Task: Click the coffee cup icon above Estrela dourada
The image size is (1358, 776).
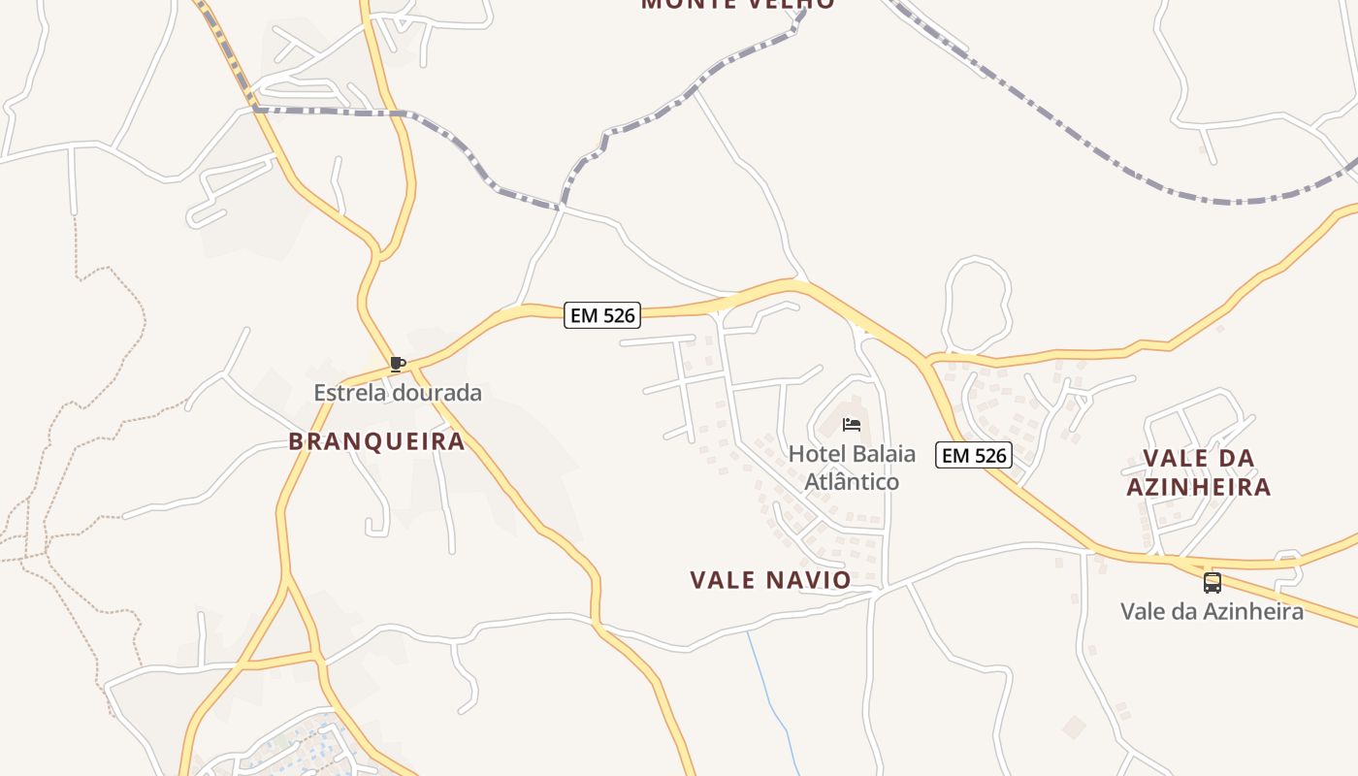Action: (x=396, y=364)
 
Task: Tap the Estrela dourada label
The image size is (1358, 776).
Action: (x=397, y=393)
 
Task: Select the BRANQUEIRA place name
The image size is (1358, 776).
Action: (x=376, y=441)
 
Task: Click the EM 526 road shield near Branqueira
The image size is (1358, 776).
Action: (x=601, y=315)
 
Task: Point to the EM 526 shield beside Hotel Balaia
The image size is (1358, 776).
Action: (x=973, y=455)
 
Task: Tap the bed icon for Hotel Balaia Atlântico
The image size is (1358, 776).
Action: (x=852, y=424)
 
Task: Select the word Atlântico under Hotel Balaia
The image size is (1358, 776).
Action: (x=852, y=481)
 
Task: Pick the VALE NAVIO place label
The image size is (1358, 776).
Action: (x=770, y=580)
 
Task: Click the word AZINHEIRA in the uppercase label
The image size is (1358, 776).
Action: (x=1198, y=486)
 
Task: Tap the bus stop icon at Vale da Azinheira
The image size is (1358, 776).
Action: (x=1212, y=582)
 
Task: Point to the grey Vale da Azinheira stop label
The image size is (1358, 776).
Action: (x=1212, y=611)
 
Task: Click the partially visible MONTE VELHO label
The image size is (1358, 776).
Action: (x=737, y=4)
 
